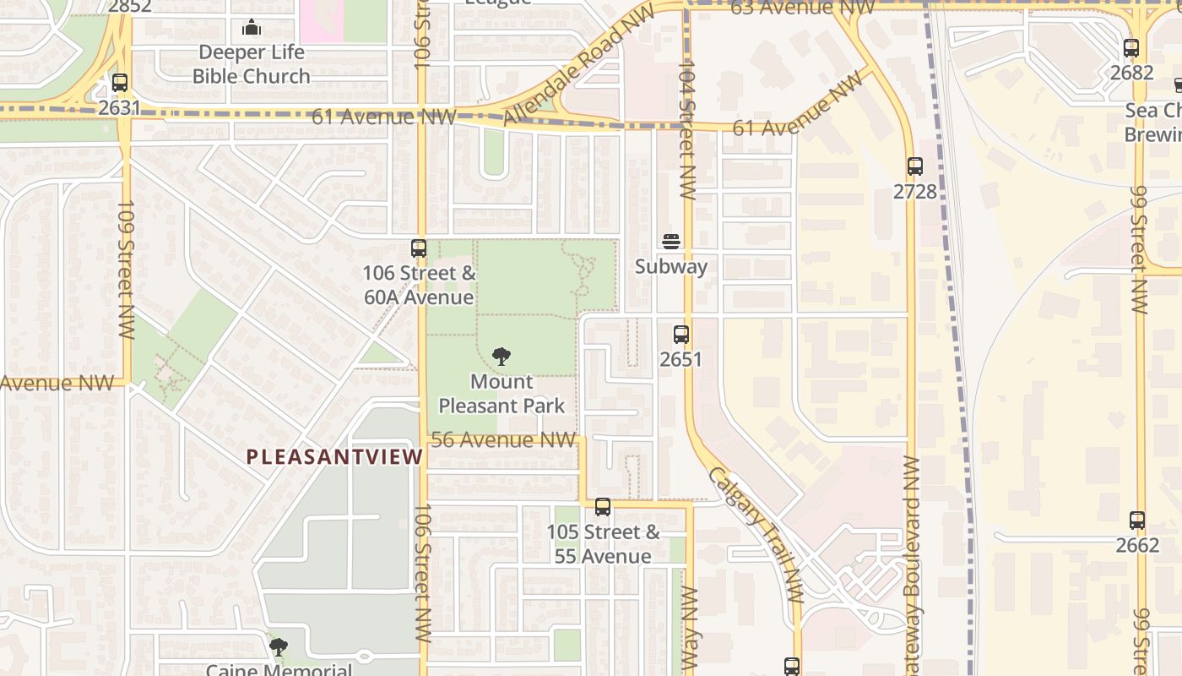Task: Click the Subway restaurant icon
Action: [671, 242]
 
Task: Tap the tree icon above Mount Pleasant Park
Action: [501, 356]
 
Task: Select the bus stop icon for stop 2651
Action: [681, 335]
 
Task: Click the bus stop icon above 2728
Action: [915, 166]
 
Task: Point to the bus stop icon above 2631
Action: [120, 83]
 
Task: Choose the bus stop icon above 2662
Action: [1137, 520]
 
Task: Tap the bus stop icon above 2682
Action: [1131, 48]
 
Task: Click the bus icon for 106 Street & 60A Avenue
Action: [419, 248]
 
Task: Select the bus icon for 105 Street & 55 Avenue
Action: [603, 507]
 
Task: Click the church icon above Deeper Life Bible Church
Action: [251, 28]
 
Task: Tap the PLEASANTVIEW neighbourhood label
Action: [334, 457]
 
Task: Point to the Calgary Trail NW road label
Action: [756, 534]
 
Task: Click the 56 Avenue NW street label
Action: [503, 440]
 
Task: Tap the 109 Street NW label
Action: [126, 270]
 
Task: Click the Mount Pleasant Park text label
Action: [502, 394]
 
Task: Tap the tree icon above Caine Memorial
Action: [278, 648]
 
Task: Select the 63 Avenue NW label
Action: [802, 8]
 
